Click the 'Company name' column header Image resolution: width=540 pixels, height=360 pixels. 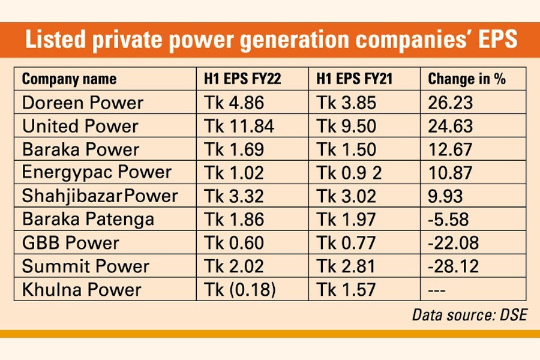pos(69,79)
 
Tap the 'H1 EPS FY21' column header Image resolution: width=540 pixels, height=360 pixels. pos(349,79)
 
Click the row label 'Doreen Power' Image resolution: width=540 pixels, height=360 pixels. pos(83,103)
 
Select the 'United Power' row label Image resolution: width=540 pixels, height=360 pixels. pos(80,126)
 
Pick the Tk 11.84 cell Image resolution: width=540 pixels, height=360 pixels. pos(239,126)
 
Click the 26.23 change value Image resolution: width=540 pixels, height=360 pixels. pos(451,103)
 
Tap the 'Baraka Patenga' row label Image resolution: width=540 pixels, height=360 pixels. pos(88,220)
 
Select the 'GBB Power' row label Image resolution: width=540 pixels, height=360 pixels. pos(70,243)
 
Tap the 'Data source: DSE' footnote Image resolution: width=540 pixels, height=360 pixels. pos(469,315)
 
